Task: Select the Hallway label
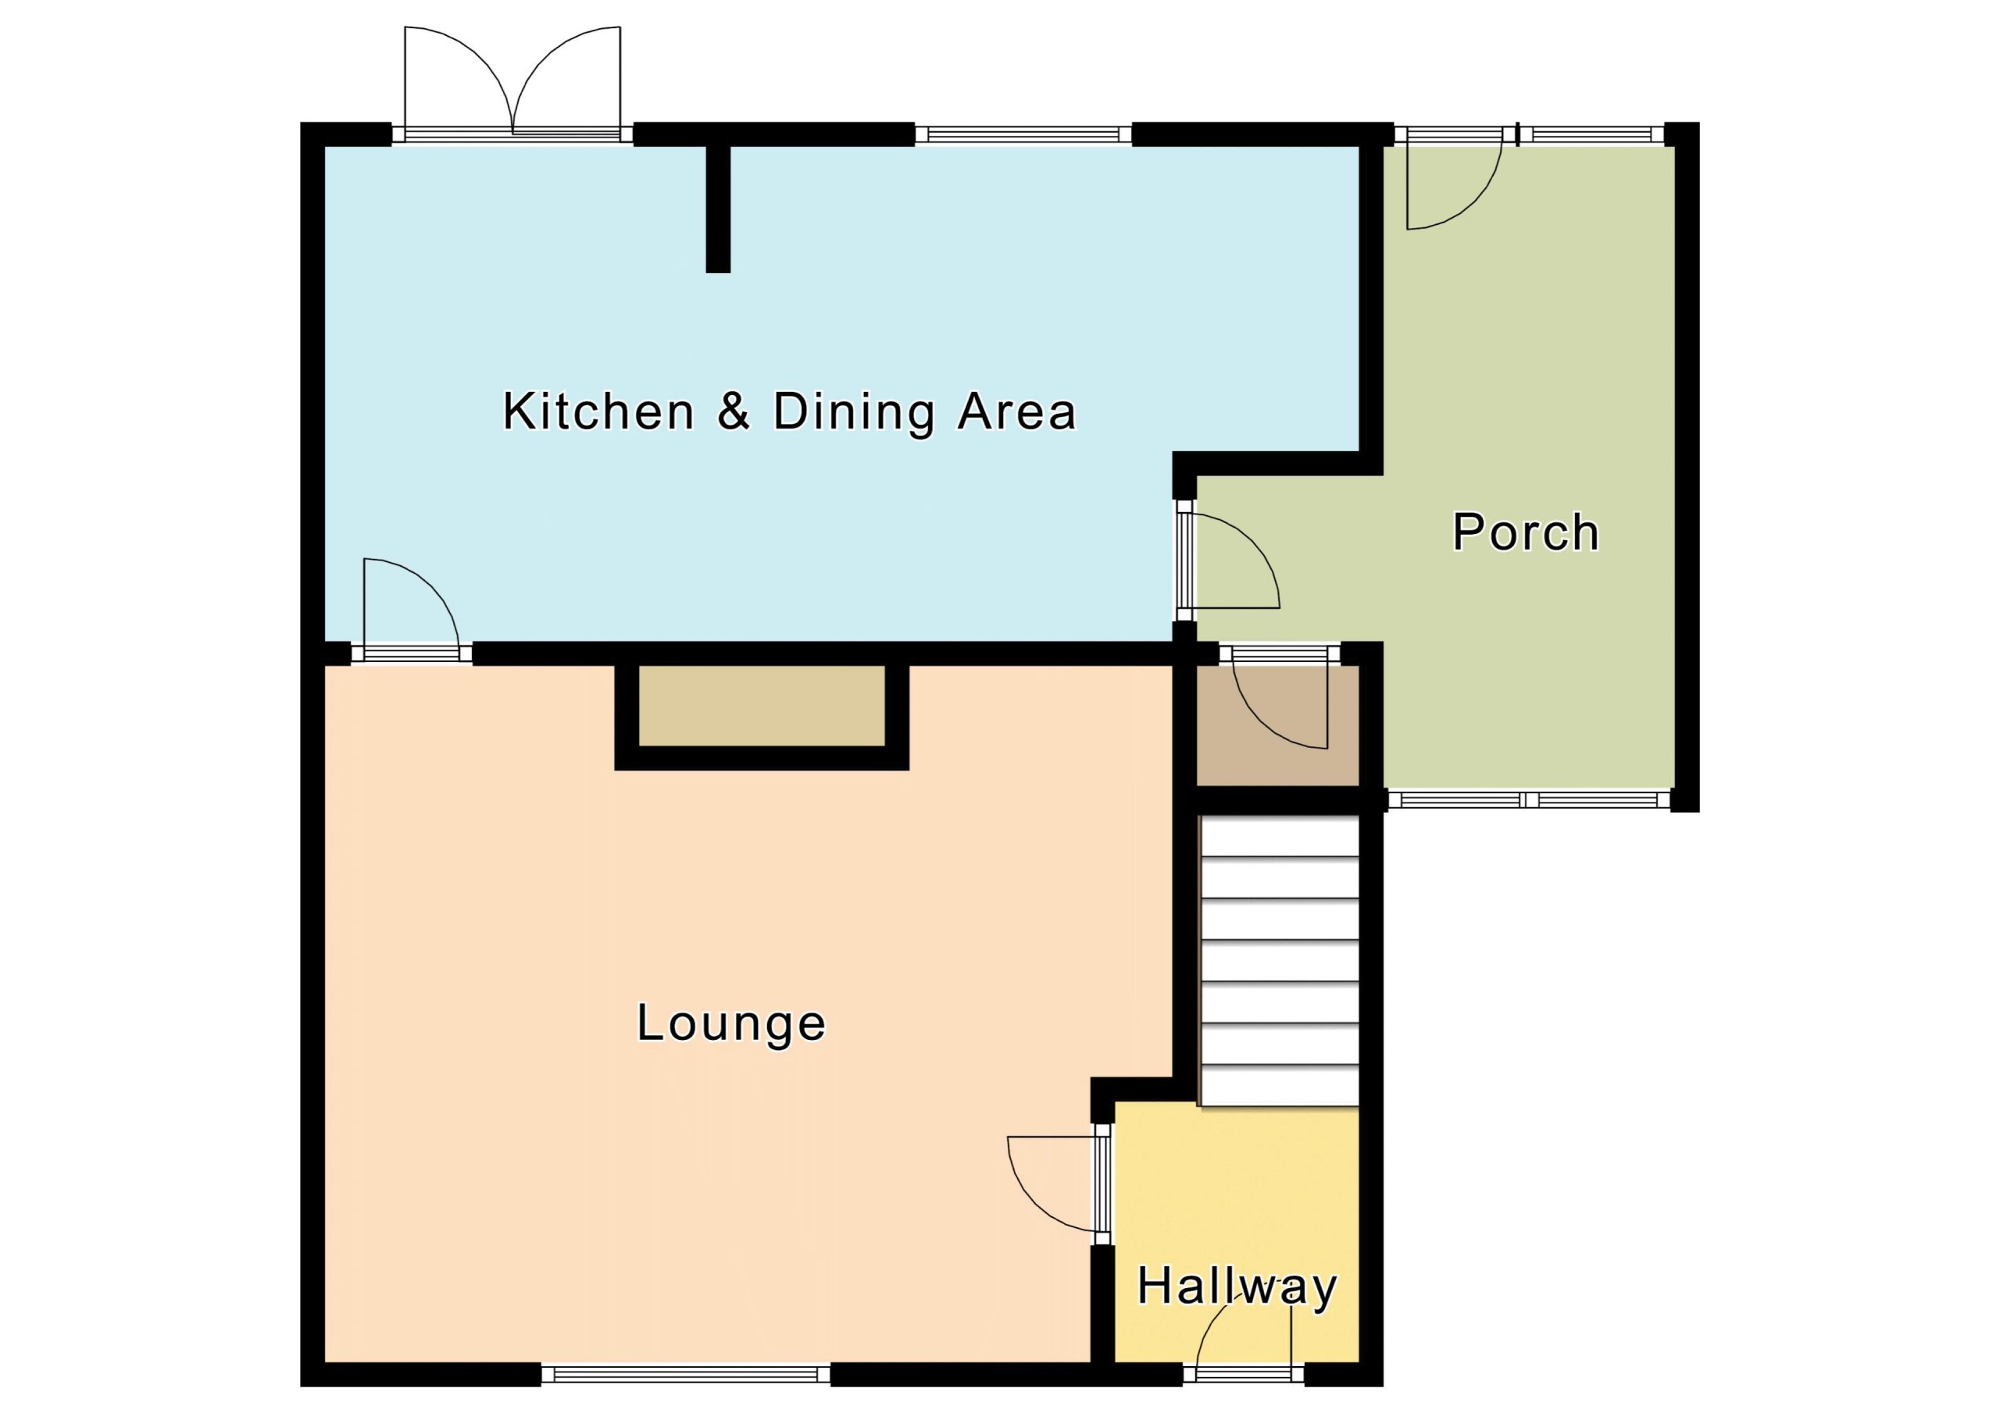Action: tap(1237, 1287)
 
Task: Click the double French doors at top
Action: tap(513, 84)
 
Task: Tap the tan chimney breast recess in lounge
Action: tap(762, 706)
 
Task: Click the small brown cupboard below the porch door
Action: tap(1278, 725)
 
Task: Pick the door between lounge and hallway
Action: tap(1059, 1185)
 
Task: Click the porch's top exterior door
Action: tap(1454, 180)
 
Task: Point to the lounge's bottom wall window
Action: tap(685, 1374)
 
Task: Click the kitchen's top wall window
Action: tap(1023, 134)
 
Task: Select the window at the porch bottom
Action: tap(1529, 800)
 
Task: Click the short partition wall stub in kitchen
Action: tap(718, 209)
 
